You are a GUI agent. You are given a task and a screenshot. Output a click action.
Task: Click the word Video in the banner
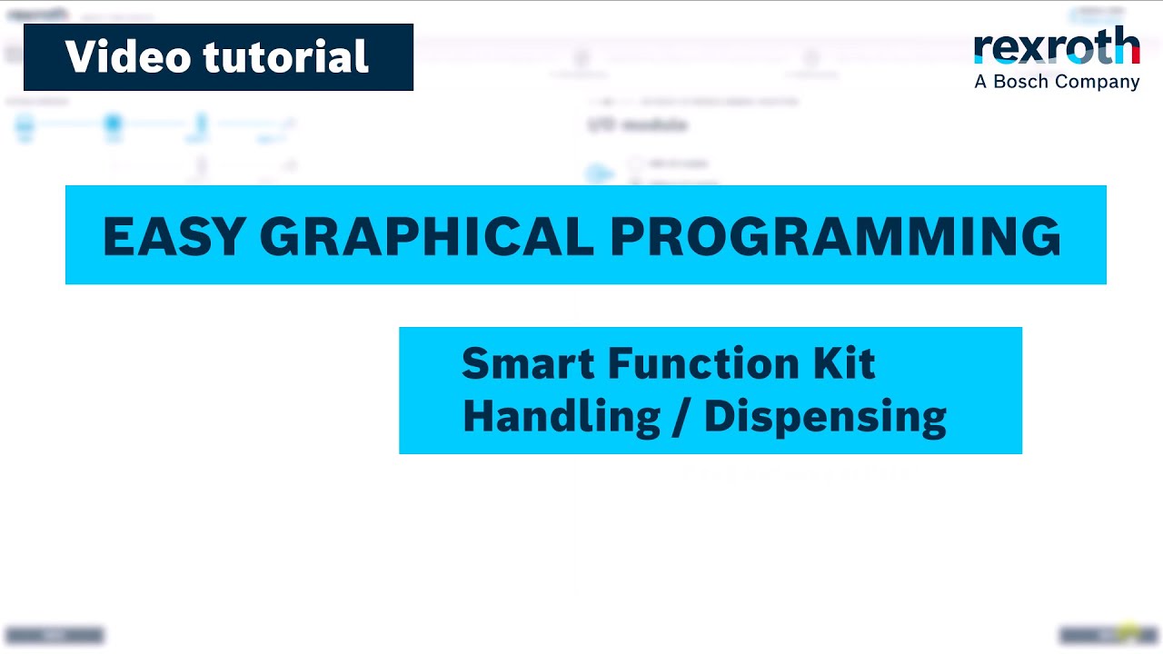click(128, 57)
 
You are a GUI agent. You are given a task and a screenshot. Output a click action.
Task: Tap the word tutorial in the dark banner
click(286, 57)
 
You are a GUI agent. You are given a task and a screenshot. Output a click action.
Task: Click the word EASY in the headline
click(174, 236)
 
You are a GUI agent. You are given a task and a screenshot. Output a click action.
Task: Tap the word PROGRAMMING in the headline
click(835, 236)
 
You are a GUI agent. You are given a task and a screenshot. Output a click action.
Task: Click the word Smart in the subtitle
click(528, 363)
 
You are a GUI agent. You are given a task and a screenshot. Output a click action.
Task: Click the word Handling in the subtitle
click(561, 416)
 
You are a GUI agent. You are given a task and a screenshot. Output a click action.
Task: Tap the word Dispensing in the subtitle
click(825, 417)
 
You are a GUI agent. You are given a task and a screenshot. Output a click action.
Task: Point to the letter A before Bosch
click(980, 82)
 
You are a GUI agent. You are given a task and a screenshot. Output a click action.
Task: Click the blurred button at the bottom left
click(55, 636)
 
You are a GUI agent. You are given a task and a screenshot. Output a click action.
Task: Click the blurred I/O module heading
click(637, 125)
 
